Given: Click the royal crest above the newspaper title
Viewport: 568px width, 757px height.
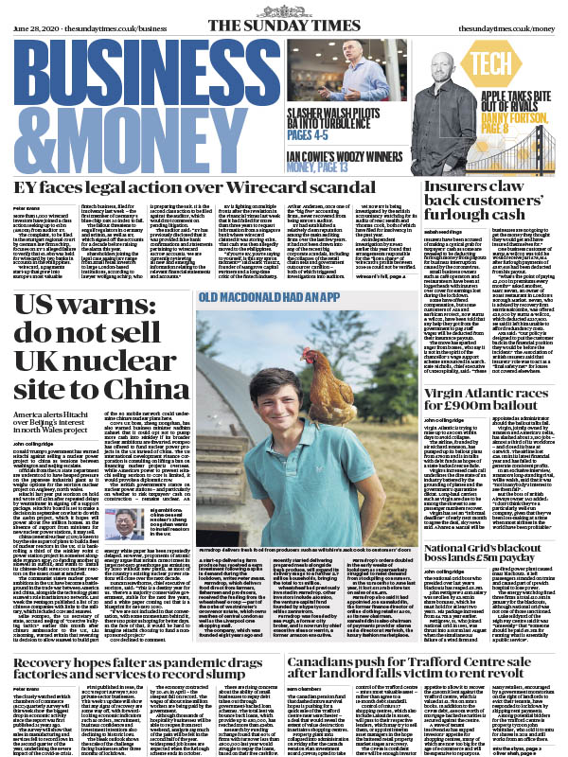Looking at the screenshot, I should [x=283, y=3].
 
